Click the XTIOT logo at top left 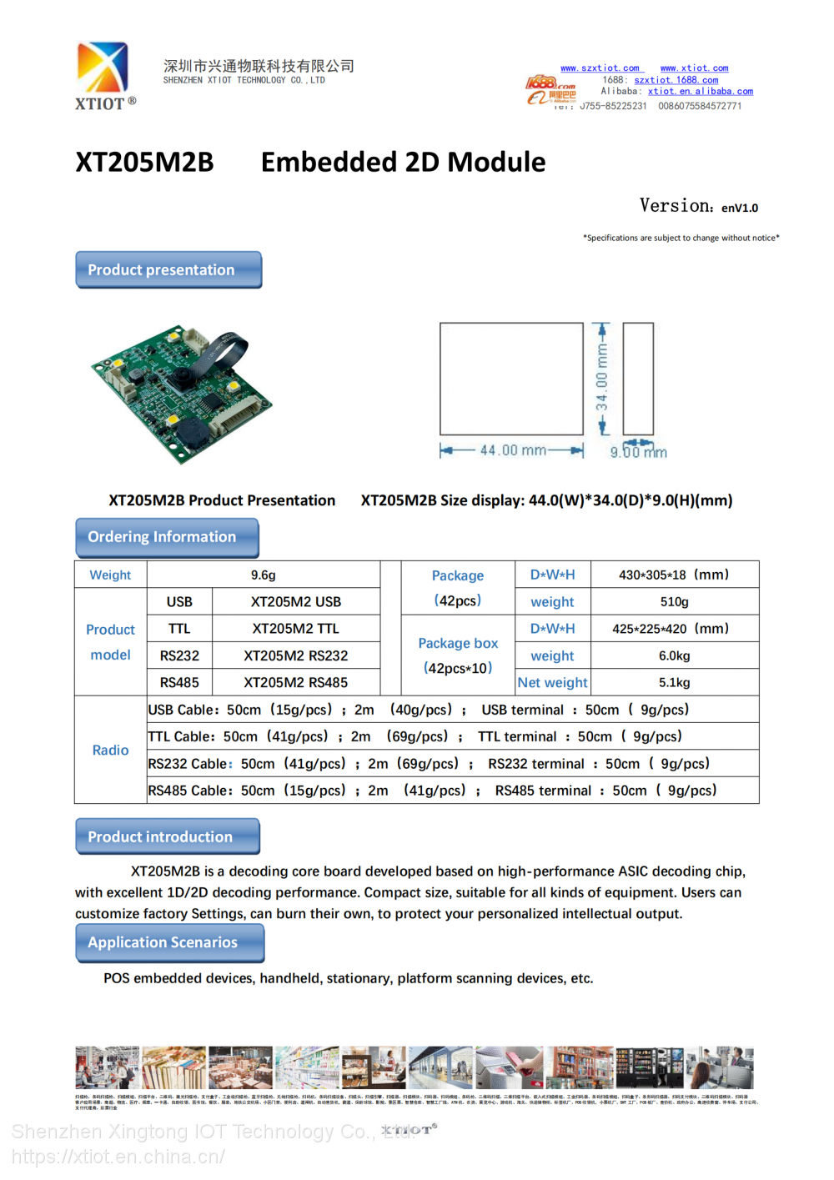[x=103, y=75]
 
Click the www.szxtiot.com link [x=600, y=68]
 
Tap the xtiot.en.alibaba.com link [x=700, y=92]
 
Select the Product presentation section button [x=168, y=270]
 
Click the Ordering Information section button [x=167, y=537]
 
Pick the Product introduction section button [x=168, y=836]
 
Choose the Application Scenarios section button [x=169, y=942]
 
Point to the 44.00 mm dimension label [x=512, y=450]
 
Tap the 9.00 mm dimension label [x=638, y=452]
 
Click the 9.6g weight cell [x=263, y=575]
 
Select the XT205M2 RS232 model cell [x=295, y=655]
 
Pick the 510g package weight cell [x=674, y=601]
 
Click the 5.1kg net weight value [x=674, y=682]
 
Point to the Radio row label [x=110, y=750]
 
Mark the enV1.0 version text [x=739, y=208]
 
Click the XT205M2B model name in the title [x=144, y=162]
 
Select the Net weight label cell [x=552, y=682]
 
